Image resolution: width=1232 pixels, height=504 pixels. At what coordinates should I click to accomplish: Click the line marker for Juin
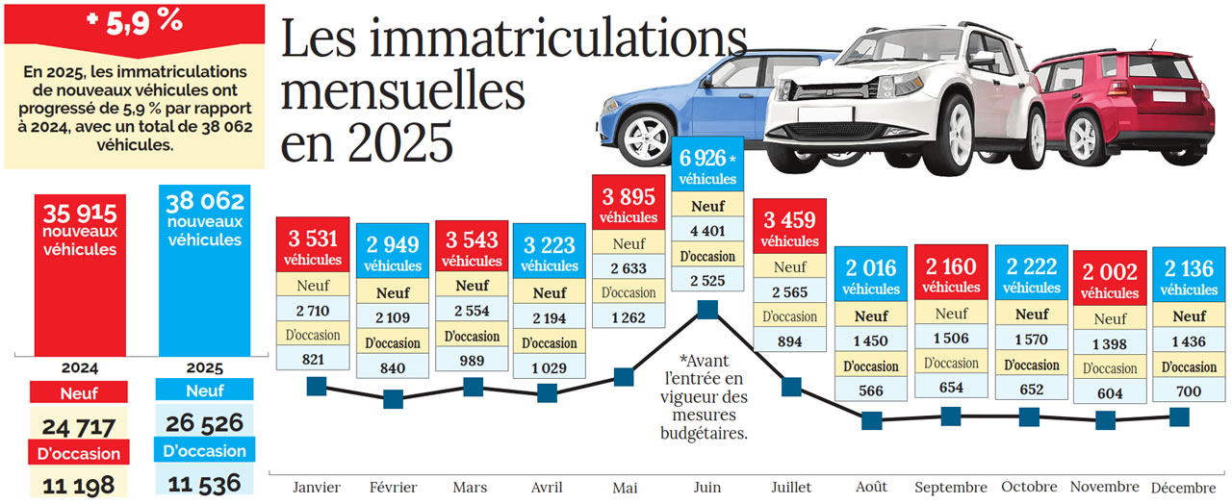point(707,310)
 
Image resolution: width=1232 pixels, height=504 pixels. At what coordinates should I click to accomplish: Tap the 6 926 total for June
point(703,158)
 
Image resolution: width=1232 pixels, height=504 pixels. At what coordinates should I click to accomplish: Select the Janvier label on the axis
point(316,488)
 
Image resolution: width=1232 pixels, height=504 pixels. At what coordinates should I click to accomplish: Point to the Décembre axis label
point(1181,487)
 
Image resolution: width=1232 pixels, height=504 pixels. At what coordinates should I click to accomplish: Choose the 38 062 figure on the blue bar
point(204,202)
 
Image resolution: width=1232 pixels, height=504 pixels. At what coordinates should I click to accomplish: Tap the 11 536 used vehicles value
point(203,483)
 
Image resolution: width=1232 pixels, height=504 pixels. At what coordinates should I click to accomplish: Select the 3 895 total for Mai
point(628,197)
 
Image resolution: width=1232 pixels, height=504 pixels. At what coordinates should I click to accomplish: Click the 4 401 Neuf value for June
point(707,230)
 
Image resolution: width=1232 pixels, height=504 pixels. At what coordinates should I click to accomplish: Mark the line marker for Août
point(872,420)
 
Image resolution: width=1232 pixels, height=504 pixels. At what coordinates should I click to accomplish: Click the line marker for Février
point(393,399)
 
